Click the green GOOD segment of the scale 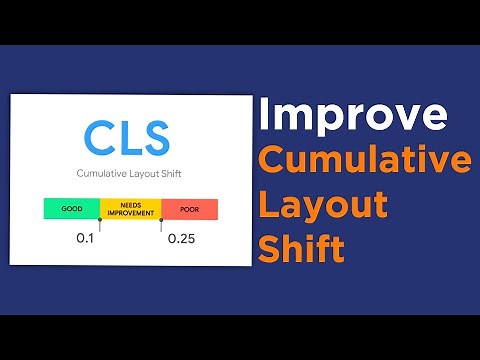coord(71,209)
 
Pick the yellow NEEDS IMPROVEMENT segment coord(130,209)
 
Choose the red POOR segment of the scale coord(189,209)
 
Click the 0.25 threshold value coord(180,239)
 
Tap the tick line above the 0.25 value coord(161,223)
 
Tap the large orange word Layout coord(323,205)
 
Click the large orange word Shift coord(301,247)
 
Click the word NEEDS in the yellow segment coord(130,205)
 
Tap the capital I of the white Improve coord(264,116)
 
